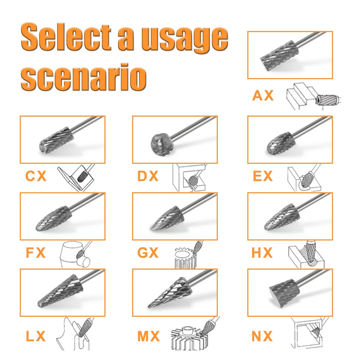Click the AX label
point(263,95)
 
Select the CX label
point(36,176)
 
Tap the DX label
point(148,176)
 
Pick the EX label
point(263,176)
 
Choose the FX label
point(36,253)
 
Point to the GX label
point(148,253)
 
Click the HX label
point(262,253)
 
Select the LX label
point(36,336)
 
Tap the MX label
point(149,336)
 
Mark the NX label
point(262,336)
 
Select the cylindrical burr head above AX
point(279,55)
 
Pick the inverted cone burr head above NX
point(285,293)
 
